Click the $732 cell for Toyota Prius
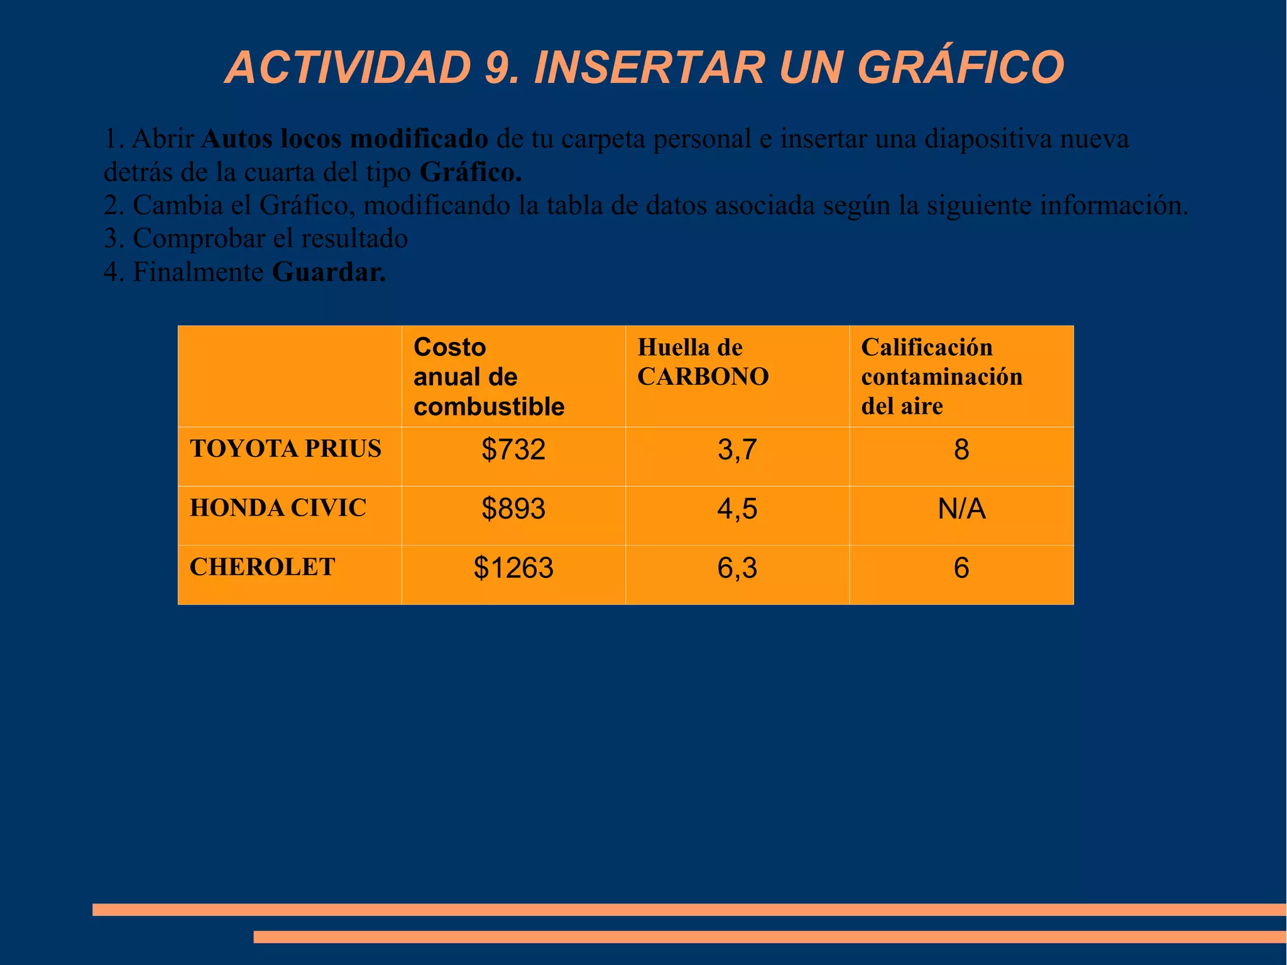click(x=513, y=450)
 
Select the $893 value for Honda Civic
click(x=513, y=509)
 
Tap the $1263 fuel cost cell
click(x=513, y=568)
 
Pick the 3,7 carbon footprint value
click(x=737, y=450)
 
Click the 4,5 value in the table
click(x=737, y=509)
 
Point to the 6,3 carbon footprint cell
click(x=737, y=568)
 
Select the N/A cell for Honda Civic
click(x=961, y=509)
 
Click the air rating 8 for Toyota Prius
click(x=961, y=450)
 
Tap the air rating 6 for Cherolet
click(x=961, y=568)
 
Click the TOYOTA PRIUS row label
click(x=285, y=449)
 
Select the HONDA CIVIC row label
click(x=278, y=508)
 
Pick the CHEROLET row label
click(x=262, y=567)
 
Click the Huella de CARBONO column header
click(x=703, y=362)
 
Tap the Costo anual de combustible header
click(x=488, y=377)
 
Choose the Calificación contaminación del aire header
click(x=941, y=377)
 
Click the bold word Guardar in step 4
click(x=329, y=272)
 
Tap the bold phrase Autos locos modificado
click(x=344, y=139)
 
